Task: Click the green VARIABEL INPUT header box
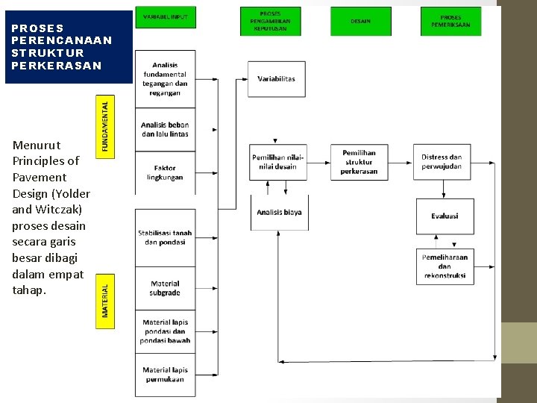coord(165,17)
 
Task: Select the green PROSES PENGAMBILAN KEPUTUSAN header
coord(270,22)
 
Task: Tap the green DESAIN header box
coord(360,22)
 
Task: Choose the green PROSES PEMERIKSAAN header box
coord(450,22)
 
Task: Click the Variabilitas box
coord(276,79)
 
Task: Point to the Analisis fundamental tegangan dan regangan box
coord(165,79)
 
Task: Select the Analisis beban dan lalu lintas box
coord(165,130)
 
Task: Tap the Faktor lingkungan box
coord(165,173)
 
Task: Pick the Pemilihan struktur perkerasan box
coord(359,162)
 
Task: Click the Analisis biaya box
coord(279,213)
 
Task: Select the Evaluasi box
coord(445,216)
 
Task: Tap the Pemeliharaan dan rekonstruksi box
coord(445,266)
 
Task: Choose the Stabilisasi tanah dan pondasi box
coord(165,237)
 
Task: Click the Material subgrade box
coord(165,288)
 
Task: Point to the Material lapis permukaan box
coord(165,375)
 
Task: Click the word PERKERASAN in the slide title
coord(57,66)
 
